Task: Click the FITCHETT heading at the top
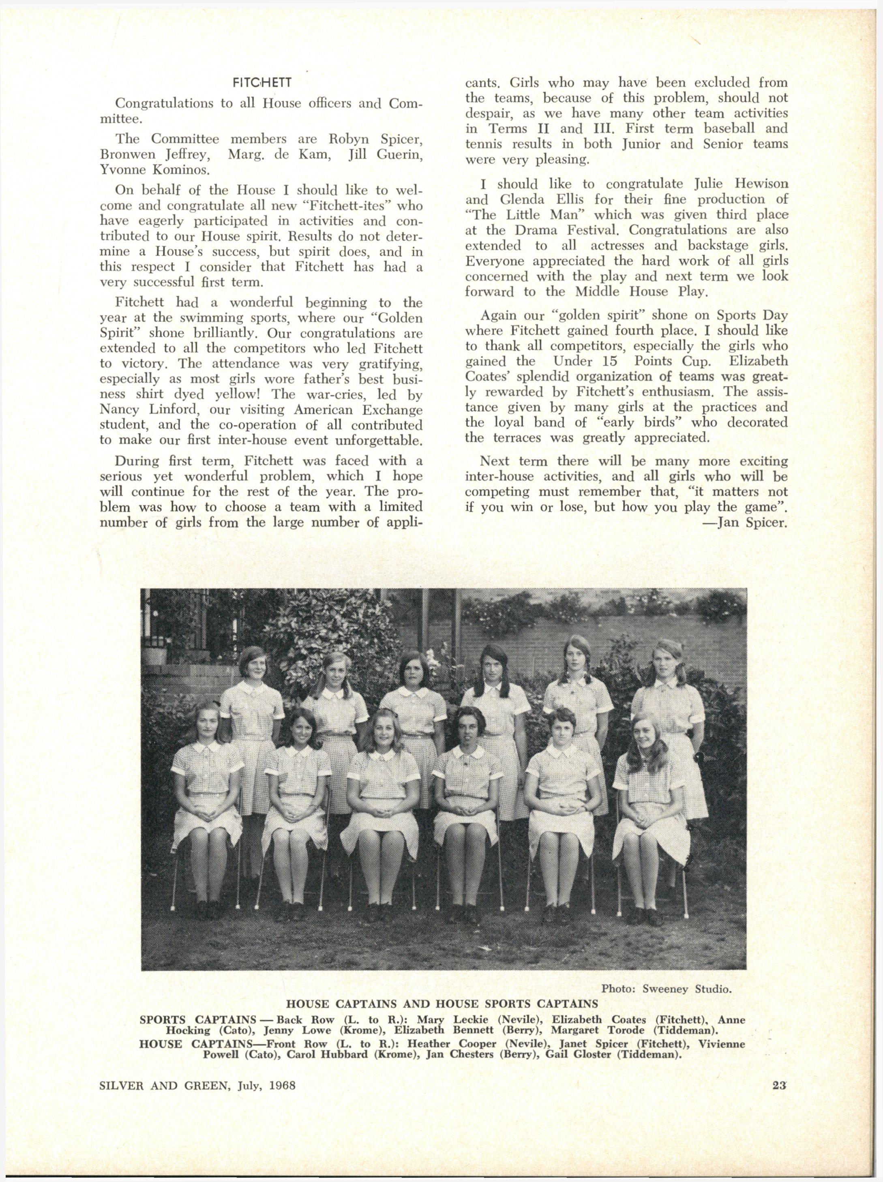(x=261, y=84)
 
